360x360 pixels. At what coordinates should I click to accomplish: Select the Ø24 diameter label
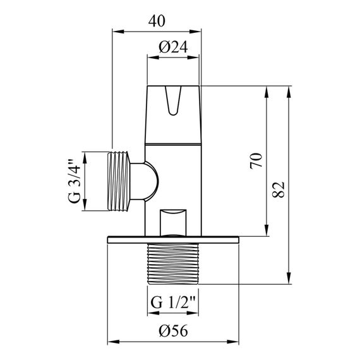172,47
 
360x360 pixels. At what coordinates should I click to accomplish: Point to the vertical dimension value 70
255,160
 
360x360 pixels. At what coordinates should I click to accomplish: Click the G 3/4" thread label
75,182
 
